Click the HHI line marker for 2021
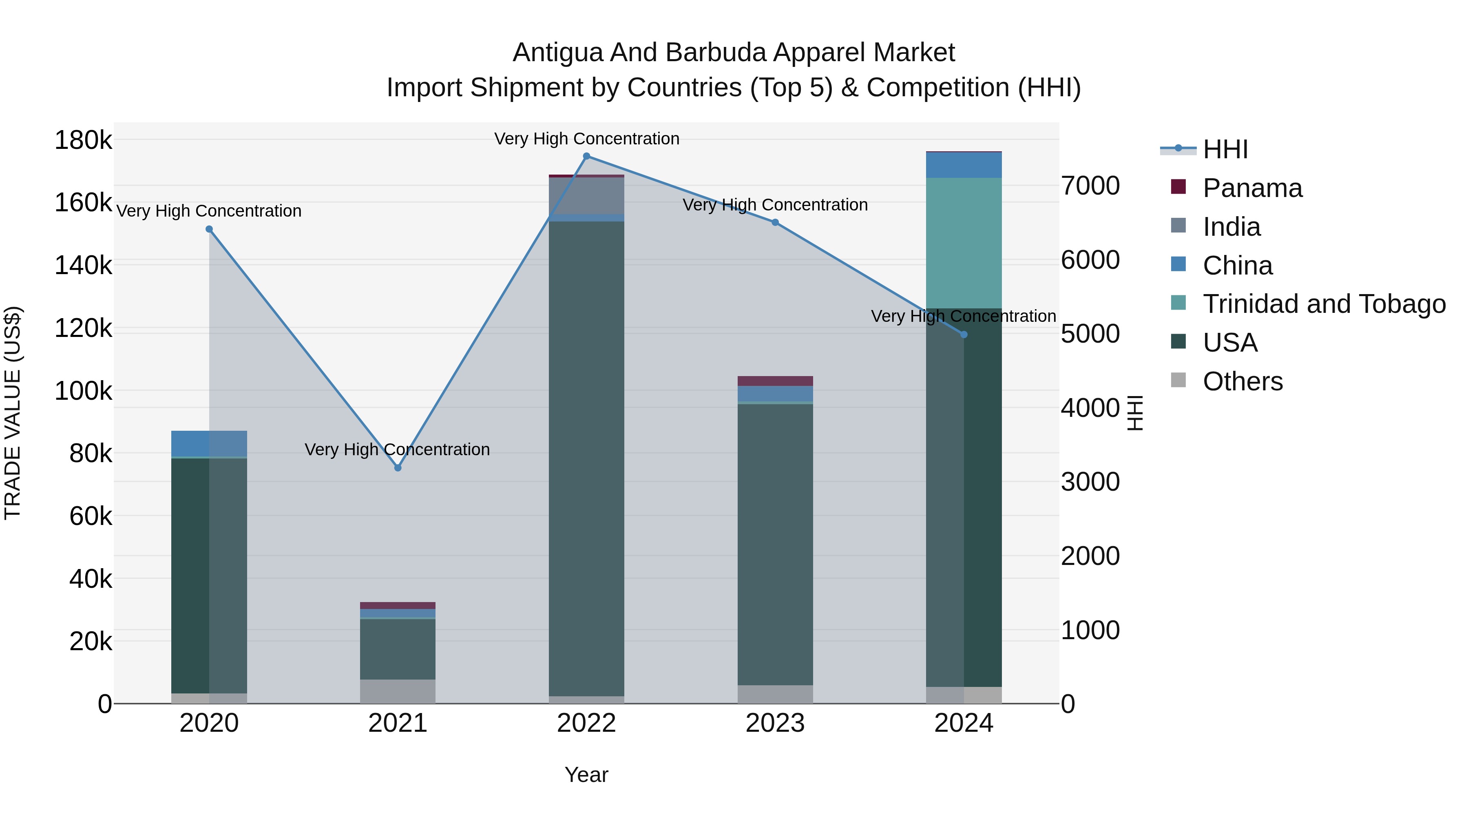tap(398, 468)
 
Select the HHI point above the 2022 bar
tap(586, 156)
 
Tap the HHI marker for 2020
tap(209, 229)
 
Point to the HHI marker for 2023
tap(775, 222)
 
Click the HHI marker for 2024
tap(964, 334)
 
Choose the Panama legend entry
tap(1252, 188)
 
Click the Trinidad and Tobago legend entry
tap(1324, 304)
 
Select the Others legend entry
tap(1242, 381)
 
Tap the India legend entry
tap(1231, 227)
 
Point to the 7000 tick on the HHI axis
tap(1090, 186)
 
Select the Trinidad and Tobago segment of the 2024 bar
tap(964, 243)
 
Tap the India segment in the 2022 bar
tap(586, 195)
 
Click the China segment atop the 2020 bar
tap(209, 443)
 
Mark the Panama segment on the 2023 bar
tap(775, 381)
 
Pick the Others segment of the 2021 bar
tap(398, 691)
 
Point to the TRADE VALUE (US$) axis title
tap(13, 413)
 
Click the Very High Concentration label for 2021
tap(397, 450)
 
